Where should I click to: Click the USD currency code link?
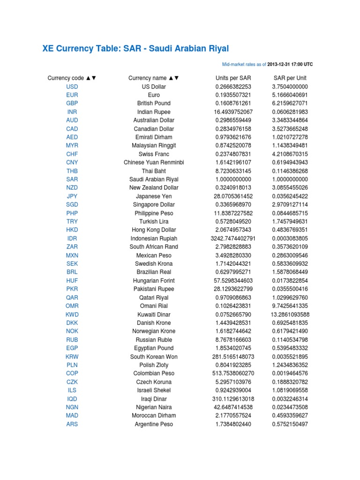[x=72, y=87]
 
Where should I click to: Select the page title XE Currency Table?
[x=135, y=49]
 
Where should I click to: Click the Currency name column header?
[x=153, y=78]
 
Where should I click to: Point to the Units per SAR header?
[x=233, y=78]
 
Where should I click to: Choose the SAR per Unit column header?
[x=290, y=78]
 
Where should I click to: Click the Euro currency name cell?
[x=154, y=95]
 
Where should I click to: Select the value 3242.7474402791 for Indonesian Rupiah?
[x=233, y=239]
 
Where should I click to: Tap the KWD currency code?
[x=72, y=315]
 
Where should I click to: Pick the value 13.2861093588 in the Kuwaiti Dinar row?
[x=290, y=315]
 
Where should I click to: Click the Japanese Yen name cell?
[x=154, y=196]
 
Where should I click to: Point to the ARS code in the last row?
[x=72, y=424]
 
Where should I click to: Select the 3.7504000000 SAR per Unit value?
[x=290, y=87]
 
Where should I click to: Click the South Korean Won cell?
[x=154, y=357]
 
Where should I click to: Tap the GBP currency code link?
[x=72, y=104]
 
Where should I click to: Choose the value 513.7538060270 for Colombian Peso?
[x=233, y=374]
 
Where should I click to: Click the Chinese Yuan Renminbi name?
[x=154, y=163]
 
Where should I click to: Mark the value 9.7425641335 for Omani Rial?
[x=290, y=306]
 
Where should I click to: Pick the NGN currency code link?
[x=72, y=407]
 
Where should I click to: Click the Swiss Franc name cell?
[x=154, y=154]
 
